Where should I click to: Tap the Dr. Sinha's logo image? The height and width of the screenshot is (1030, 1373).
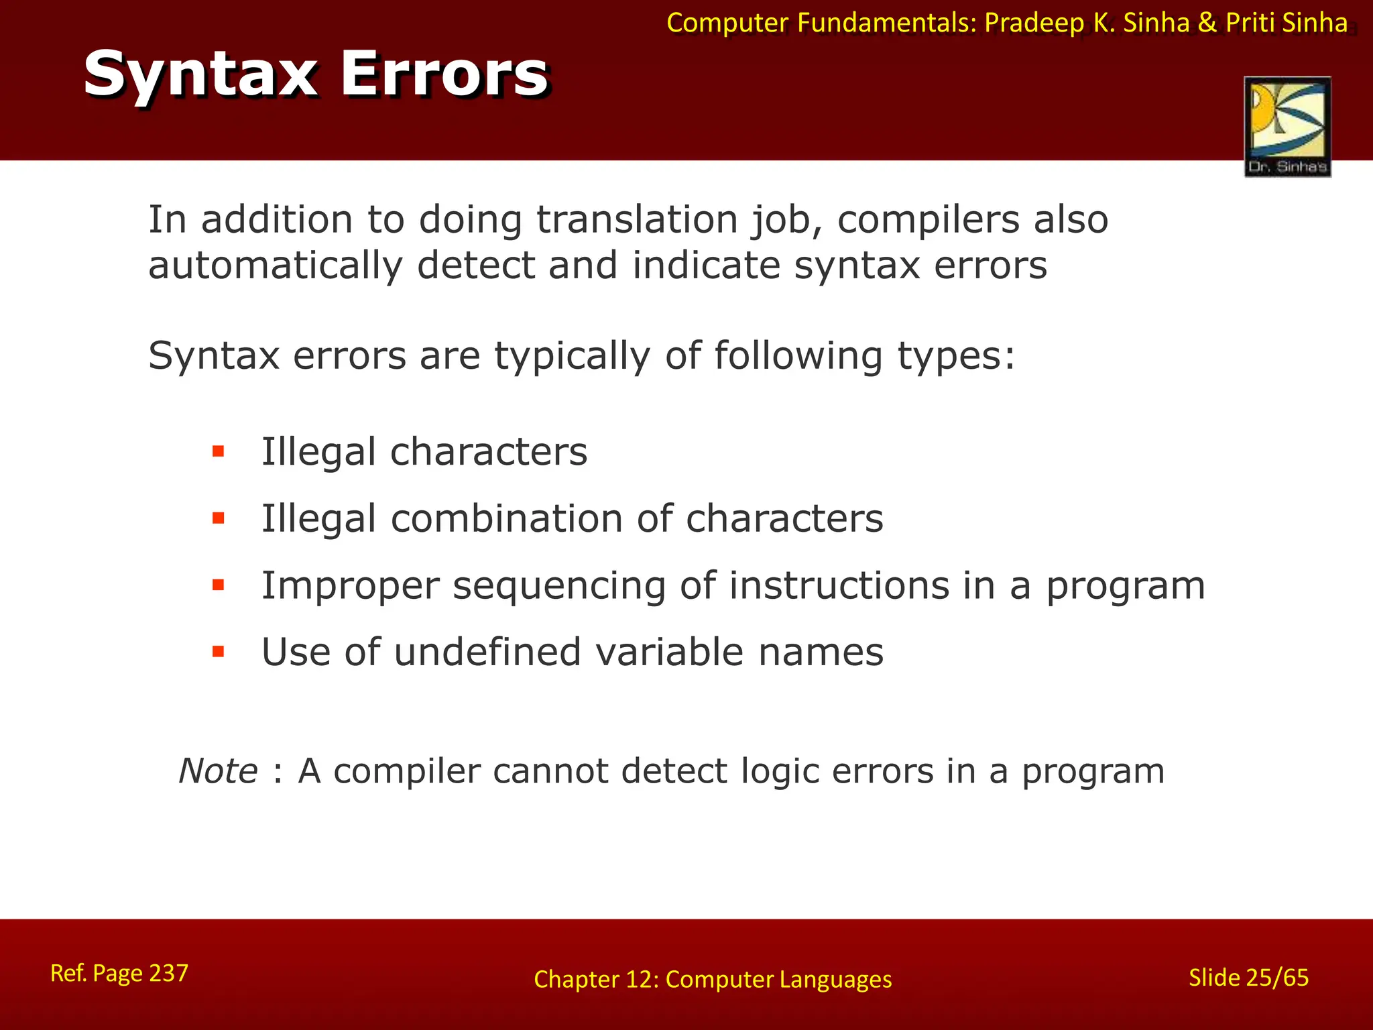click(x=1287, y=126)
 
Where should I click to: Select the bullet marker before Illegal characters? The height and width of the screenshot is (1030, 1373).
click(x=218, y=451)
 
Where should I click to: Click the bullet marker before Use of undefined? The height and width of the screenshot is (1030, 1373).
click(x=218, y=652)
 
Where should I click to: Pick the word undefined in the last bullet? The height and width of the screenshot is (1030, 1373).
click(x=487, y=652)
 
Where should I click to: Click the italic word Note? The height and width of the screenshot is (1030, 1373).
click(x=218, y=771)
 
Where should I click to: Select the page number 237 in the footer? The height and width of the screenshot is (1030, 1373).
click(x=168, y=973)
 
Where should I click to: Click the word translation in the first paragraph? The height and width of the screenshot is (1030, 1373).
click(x=637, y=220)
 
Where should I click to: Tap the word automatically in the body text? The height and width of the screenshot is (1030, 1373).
click(x=275, y=266)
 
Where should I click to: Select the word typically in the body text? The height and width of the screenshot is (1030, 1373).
click(x=573, y=355)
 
